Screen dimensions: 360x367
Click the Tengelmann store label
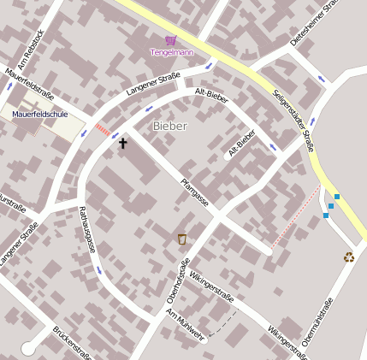pos(171,53)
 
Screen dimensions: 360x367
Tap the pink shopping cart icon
pos(171,40)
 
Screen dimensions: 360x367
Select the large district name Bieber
pos(169,126)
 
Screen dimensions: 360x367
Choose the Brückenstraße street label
pos(72,343)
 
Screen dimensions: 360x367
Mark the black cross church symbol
pos(122,144)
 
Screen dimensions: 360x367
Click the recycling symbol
pos(349,257)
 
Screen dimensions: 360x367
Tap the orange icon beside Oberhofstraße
pos(181,239)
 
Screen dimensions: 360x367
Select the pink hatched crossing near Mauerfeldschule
pos(103,130)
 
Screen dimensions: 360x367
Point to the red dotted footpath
pos(295,218)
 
